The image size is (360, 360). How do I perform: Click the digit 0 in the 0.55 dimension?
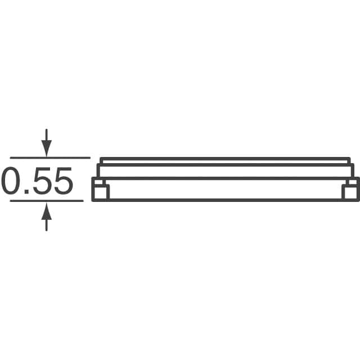coord(10,181)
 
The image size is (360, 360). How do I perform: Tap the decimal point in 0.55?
coord(27,192)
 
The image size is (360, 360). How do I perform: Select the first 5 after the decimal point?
coord(43,181)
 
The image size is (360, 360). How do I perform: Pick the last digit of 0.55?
coord(64,181)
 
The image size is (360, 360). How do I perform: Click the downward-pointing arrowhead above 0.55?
coord(46,148)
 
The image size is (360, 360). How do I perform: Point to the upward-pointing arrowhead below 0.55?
coord(46,211)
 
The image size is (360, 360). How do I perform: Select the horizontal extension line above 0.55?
coord(50,157)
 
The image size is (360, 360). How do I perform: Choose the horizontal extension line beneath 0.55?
coord(47,201)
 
